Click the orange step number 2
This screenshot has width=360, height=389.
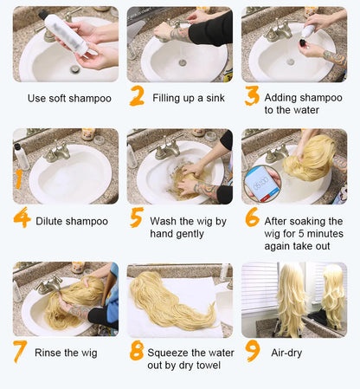pyautogui.click(x=137, y=95)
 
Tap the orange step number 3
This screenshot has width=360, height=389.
pyautogui.click(x=252, y=95)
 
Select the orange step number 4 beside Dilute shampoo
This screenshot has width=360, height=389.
pyautogui.click(x=22, y=217)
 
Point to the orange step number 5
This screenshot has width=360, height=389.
pyautogui.click(x=137, y=217)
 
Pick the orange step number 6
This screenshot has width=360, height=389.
pyautogui.click(x=252, y=217)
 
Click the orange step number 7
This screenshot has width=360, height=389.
pyautogui.click(x=20, y=351)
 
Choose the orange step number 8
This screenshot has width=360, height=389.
pyautogui.click(x=137, y=351)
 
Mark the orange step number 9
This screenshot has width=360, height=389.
pyautogui.click(x=253, y=351)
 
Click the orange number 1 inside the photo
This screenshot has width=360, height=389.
pyautogui.click(x=19, y=179)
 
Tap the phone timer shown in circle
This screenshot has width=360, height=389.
pyautogui.click(x=262, y=183)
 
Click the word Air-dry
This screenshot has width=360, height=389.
pyautogui.click(x=286, y=353)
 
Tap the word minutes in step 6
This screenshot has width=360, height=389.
pyautogui.click(x=325, y=234)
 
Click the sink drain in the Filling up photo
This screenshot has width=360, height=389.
pyautogui.click(x=183, y=62)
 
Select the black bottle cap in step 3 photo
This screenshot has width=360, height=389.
pyautogui.click(x=303, y=43)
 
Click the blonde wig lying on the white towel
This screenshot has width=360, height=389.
pyautogui.click(x=172, y=301)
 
